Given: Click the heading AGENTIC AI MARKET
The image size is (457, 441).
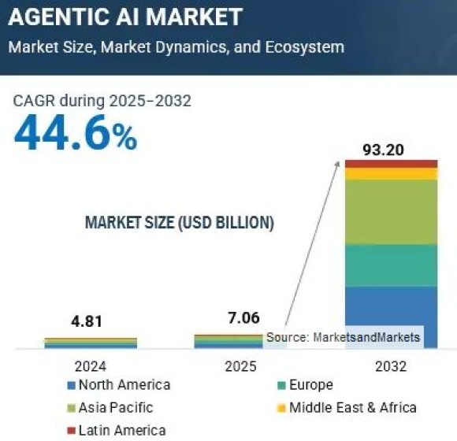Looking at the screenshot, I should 125,16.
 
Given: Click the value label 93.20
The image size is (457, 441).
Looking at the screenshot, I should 391,149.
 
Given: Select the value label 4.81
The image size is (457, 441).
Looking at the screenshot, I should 86,321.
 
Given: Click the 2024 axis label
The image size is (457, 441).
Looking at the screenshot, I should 91,366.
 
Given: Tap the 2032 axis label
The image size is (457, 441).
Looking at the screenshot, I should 391,366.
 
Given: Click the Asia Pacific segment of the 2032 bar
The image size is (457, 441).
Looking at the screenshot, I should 391,212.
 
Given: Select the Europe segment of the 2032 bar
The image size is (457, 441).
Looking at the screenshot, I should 391,265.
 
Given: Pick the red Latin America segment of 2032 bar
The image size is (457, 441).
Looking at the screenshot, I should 391,163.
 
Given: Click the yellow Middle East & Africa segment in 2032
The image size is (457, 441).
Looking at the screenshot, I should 391,173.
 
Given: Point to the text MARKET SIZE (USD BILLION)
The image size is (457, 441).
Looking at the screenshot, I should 179,224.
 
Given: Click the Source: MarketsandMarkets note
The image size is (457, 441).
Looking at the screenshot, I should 343,337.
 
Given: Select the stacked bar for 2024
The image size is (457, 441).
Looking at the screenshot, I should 91,343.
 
